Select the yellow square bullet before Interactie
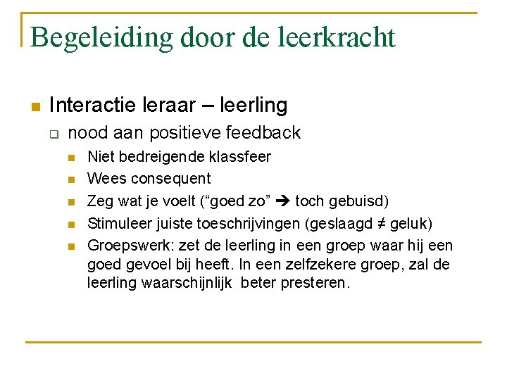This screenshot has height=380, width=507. [34, 107]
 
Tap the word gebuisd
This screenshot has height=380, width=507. [358, 201]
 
